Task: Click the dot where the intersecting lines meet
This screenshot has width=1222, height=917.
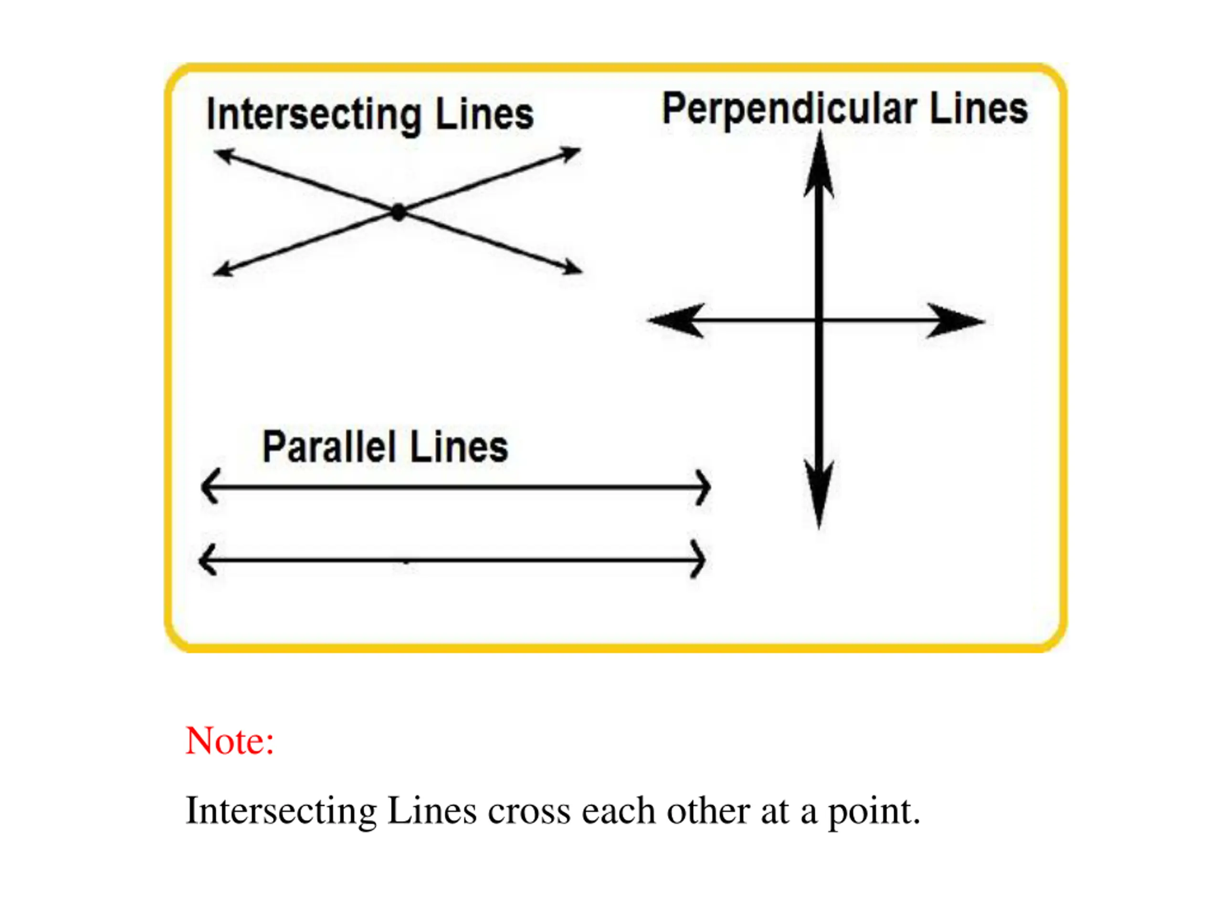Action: pos(398,212)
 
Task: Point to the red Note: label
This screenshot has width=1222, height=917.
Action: pos(230,741)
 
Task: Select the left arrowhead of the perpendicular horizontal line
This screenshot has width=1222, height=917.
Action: pos(677,320)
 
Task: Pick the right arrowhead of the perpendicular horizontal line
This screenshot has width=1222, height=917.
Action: pos(955,320)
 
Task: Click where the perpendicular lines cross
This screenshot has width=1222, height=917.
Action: pos(819,320)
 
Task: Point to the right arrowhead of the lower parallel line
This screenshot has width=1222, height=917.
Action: pos(698,560)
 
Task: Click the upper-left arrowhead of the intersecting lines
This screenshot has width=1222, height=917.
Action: pos(224,155)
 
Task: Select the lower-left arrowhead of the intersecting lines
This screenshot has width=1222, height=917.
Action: pos(222,270)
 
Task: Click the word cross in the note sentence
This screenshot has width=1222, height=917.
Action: pos(529,811)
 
